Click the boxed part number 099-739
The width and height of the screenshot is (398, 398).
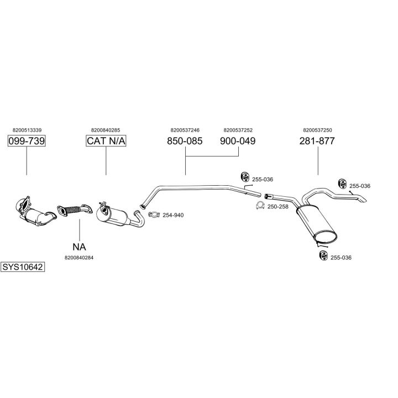[x=27, y=141]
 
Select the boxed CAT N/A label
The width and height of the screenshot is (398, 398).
[x=106, y=141]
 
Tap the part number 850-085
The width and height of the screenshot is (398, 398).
[x=185, y=141]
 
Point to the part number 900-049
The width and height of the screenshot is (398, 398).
[x=238, y=141]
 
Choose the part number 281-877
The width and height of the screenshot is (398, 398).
[x=317, y=141]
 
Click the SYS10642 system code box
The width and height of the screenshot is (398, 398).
[x=23, y=266]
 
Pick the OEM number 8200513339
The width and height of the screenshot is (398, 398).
[x=27, y=130]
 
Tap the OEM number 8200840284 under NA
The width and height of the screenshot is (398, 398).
[x=79, y=257]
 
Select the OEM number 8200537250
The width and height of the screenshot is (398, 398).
[x=317, y=130]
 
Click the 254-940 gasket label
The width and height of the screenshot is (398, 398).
[x=173, y=215]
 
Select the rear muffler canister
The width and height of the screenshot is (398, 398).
[x=315, y=224]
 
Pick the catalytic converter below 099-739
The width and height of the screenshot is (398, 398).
[x=35, y=212]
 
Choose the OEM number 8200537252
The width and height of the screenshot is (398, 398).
[x=238, y=130]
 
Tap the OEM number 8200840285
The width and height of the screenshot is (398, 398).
[x=106, y=130]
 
